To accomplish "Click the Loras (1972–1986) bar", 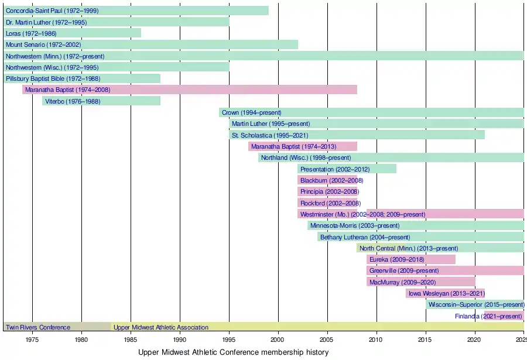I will point(72,33).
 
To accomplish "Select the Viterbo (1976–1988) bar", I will point(101,101).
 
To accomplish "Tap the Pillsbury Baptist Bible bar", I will point(81,78).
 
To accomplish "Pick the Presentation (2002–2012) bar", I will point(347,169).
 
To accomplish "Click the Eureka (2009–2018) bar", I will point(411,259).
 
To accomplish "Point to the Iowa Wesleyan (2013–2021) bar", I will point(445,293).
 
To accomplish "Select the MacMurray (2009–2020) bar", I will point(421,282).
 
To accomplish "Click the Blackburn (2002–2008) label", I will point(328,180).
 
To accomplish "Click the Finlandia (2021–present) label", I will point(488,316).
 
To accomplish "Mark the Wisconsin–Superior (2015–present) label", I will point(476,305).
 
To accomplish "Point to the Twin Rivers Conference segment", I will point(57,327).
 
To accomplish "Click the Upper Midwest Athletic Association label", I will point(161,327).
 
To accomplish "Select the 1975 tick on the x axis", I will point(32,339).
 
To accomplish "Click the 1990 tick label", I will point(180,339).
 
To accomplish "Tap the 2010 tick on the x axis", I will point(376,339).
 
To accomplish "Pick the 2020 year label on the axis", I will point(474,339).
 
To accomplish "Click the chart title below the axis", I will point(233,352).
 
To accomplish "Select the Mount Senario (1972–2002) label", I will point(43,44).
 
